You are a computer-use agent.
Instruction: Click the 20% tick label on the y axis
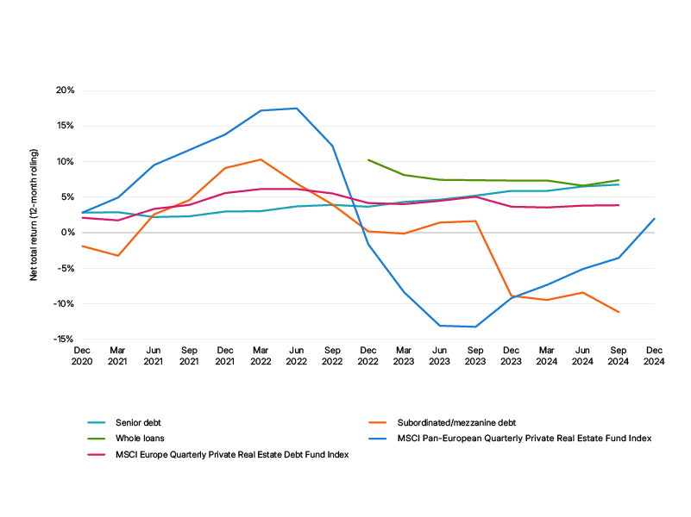pos(65,90)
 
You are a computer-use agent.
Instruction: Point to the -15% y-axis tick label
pos(64,339)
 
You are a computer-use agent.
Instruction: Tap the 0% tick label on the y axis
pos(67,233)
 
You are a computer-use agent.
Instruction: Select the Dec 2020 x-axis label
pos(82,356)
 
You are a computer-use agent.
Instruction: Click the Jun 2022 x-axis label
pos(297,356)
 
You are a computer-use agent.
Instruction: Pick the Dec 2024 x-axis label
pos(654,356)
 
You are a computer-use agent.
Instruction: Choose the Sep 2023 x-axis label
pos(475,356)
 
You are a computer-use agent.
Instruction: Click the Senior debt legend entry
pos(138,423)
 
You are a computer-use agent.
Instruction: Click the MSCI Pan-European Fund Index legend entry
pos(524,439)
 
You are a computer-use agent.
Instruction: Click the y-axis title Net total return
pos(34,215)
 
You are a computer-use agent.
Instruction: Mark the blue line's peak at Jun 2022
pos(297,109)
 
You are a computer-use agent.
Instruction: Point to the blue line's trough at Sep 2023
pos(475,327)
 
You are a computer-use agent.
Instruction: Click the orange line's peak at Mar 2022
pos(261,159)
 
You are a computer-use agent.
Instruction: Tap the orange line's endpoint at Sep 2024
pos(619,312)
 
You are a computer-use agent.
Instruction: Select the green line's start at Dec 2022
pos(368,159)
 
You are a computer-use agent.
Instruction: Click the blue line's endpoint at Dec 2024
pos(655,219)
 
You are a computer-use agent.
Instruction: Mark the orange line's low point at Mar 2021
pos(118,256)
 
